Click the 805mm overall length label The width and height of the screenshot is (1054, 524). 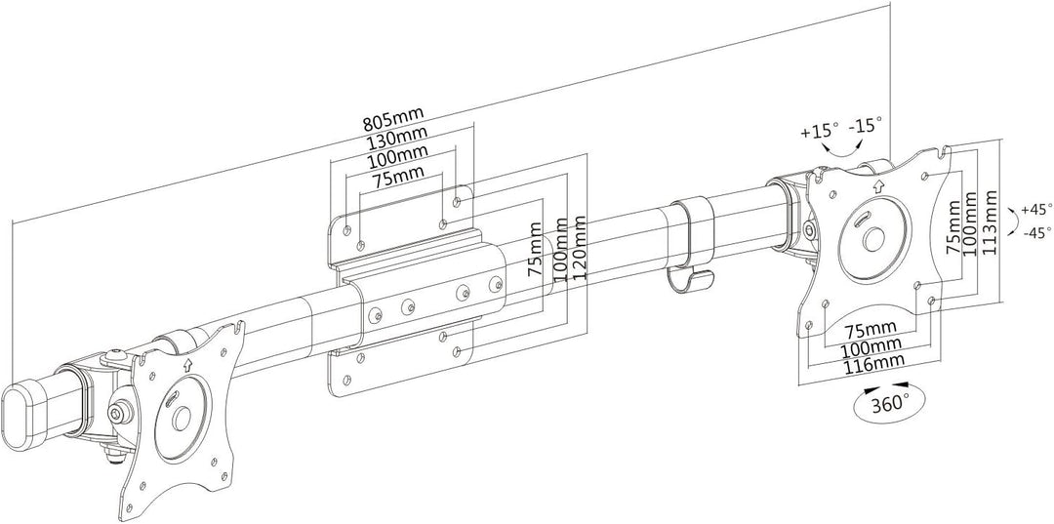[x=389, y=123]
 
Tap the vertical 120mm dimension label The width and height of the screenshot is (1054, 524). [x=578, y=249]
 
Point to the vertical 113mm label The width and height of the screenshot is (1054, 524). [x=990, y=222]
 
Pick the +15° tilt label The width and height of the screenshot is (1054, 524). [x=820, y=130]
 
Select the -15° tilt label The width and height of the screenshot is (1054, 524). [x=866, y=125]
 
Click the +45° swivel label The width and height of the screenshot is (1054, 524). [x=1036, y=210]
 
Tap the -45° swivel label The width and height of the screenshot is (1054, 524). [x=1036, y=233]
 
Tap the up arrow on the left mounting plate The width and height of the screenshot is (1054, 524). [x=186, y=365]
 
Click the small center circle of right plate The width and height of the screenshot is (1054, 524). [x=873, y=239]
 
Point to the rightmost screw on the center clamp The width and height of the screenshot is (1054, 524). [x=496, y=283]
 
